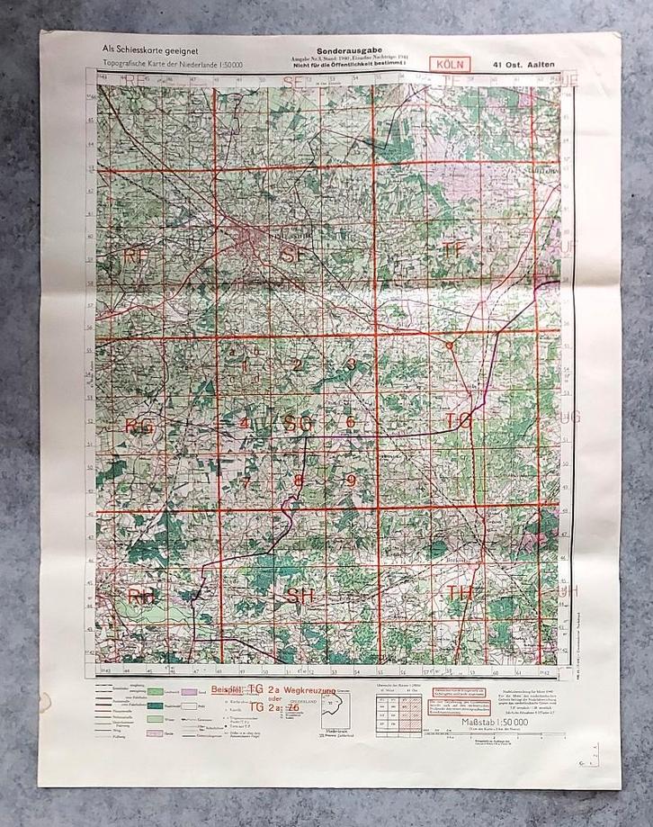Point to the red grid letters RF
click(137, 256)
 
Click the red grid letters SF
click(294, 256)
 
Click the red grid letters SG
click(298, 422)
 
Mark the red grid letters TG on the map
click(458, 420)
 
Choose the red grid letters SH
click(300, 595)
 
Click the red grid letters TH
click(460, 593)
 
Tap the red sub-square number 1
click(244, 365)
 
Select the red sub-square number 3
click(352, 364)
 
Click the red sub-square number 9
click(352, 480)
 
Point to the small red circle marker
click(449, 344)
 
